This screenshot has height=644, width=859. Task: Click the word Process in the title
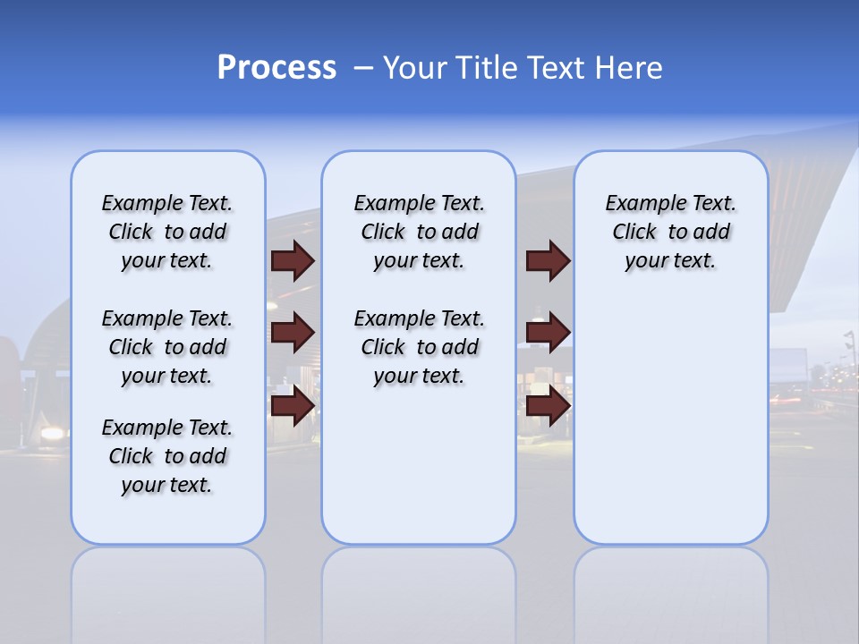coord(276,68)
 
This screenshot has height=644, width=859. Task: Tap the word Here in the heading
coord(628,68)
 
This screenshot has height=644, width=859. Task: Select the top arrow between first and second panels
coord(293,260)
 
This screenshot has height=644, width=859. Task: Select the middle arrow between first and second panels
coord(293,333)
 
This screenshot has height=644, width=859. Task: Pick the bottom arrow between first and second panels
coord(293,406)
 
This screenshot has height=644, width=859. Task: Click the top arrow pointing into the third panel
coord(548,260)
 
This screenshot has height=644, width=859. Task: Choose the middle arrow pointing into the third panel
coord(548,333)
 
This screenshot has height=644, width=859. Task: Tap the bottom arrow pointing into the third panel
coord(548,406)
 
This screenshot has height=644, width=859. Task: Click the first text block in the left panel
coord(167,232)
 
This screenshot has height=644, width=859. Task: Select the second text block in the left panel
coord(167,347)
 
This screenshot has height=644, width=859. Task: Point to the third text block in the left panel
coord(167,456)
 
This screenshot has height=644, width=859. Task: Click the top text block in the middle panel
coord(419,232)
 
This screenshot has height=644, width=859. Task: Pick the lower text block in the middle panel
coord(419,347)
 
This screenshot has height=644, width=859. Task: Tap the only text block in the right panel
coord(670,232)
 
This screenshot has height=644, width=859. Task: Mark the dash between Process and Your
coord(362,68)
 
